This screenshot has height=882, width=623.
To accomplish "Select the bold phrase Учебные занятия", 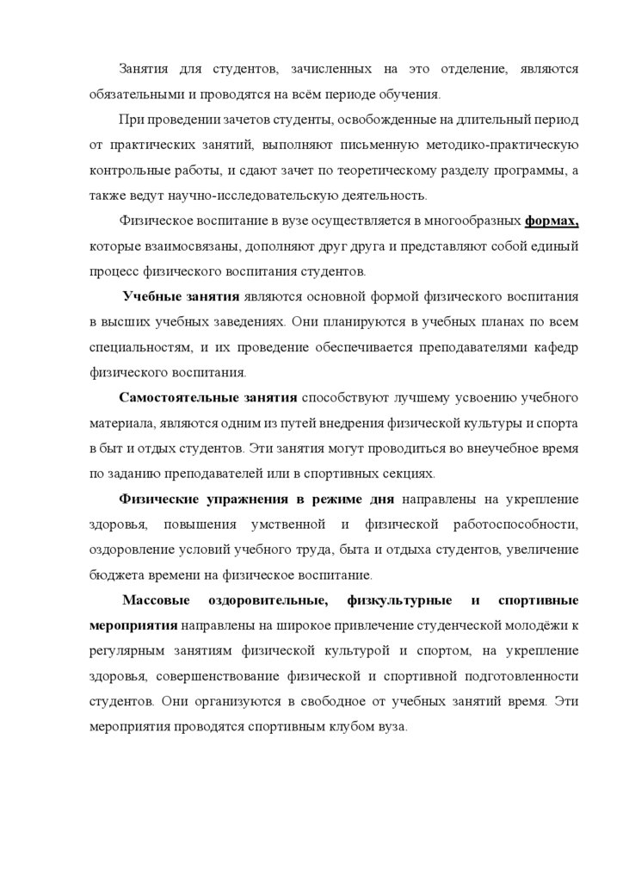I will (x=180, y=295).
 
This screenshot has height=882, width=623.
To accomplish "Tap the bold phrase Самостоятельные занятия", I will (x=207, y=397).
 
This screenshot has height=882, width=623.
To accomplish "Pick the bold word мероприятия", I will (x=132, y=625).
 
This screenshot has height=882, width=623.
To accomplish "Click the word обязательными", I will (x=133, y=93).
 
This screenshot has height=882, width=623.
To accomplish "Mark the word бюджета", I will (x=114, y=575).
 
